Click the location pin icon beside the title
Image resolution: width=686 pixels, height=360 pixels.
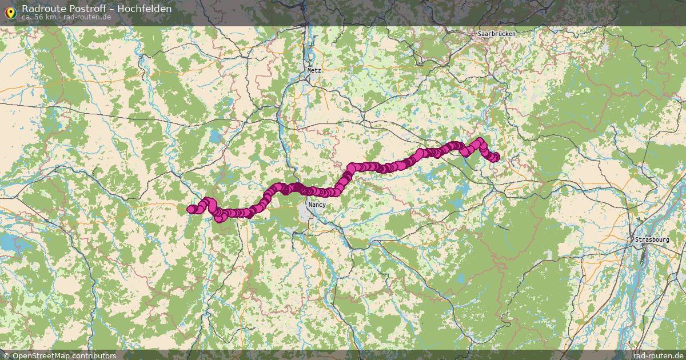(x=10, y=11)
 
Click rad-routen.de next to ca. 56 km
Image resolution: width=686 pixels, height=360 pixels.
(x=87, y=17)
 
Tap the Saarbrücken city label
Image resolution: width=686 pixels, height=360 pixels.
(x=496, y=34)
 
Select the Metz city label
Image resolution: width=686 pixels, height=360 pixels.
(x=314, y=70)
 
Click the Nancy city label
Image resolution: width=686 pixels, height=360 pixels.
(x=317, y=205)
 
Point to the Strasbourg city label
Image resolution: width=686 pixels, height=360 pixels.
(x=652, y=239)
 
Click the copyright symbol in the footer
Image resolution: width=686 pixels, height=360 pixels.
(x=6, y=355)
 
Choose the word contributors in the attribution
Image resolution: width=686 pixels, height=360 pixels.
(x=94, y=355)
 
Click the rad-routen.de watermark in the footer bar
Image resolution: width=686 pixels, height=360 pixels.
(x=659, y=355)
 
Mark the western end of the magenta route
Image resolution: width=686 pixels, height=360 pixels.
(x=191, y=209)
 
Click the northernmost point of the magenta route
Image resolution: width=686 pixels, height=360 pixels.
(x=480, y=140)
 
